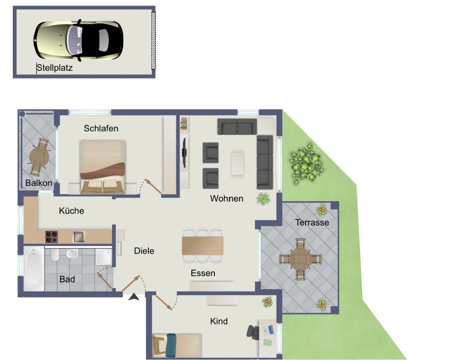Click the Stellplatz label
tap(54, 68)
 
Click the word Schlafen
tap(101, 128)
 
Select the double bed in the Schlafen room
tap(102, 167)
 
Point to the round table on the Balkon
tap(39, 157)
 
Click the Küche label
tap(71, 210)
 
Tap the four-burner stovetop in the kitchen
tap(52, 237)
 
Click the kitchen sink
tap(79, 237)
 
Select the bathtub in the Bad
tap(34, 268)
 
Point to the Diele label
tap(144, 251)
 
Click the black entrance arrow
tap(134, 297)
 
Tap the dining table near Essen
tap(202, 246)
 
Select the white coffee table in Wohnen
tap(238, 163)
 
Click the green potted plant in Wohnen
tap(263, 199)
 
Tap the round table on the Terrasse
tap(300, 259)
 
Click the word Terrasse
tap(312, 222)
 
